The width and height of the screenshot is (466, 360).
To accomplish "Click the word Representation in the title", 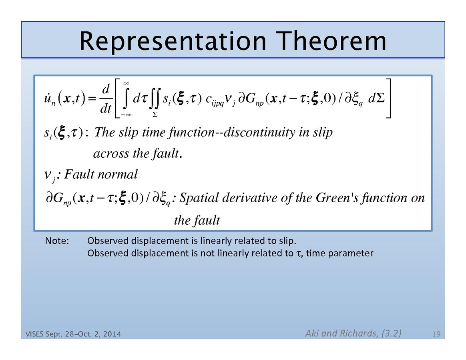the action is [173, 42].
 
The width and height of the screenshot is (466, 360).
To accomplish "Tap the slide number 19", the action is [436, 334].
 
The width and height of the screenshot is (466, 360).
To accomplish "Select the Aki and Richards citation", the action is [354, 333].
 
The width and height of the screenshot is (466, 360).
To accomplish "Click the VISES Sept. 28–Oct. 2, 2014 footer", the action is [73, 334].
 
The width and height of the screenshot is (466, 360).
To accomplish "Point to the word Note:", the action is [57, 241].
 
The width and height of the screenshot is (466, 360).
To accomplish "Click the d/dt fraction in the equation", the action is [106, 99].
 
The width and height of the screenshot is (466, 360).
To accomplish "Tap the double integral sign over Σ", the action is [155, 98].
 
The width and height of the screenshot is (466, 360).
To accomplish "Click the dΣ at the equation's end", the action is [377, 98].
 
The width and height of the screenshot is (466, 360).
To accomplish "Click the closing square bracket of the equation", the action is [388, 98].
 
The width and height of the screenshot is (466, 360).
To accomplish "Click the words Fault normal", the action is [101, 174].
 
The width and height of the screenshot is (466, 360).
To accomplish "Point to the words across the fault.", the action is [138, 153].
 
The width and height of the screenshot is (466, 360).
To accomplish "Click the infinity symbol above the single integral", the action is [126, 84].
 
